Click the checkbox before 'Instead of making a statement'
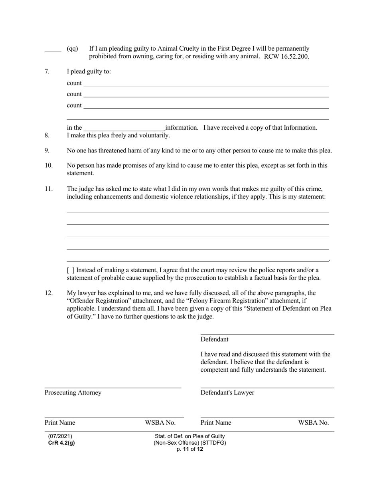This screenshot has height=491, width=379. tap(71, 270)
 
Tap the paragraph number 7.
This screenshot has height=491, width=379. tap(47, 71)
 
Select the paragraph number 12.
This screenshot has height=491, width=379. tap(48, 293)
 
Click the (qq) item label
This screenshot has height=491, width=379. tap(73, 49)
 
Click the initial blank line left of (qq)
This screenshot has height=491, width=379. tap(52, 50)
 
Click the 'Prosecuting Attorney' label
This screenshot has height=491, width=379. tap(73, 393)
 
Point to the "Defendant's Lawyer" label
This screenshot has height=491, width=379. tap(227, 393)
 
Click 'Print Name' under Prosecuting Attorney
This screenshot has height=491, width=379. tap(60, 423)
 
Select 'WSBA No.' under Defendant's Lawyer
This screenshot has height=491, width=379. tap(313, 423)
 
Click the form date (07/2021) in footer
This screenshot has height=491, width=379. tap(60, 436)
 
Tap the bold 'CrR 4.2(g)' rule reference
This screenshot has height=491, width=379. tap(61, 443)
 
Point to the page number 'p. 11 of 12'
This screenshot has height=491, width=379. tap(190, 449)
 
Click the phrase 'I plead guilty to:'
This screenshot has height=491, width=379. tap(89, 71)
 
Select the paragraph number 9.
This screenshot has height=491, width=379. tap(47, 150)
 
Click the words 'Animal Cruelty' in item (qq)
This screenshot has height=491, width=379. tap(178, 49)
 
